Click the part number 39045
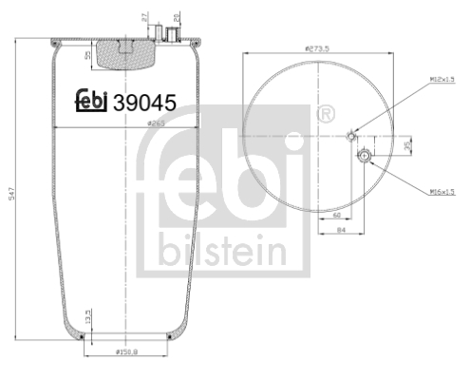click(145, 103)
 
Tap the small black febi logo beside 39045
click(92, 103)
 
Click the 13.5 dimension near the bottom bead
click(87, 315)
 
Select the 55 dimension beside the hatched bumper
click(89, 57)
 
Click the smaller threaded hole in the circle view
click(352, 135)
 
